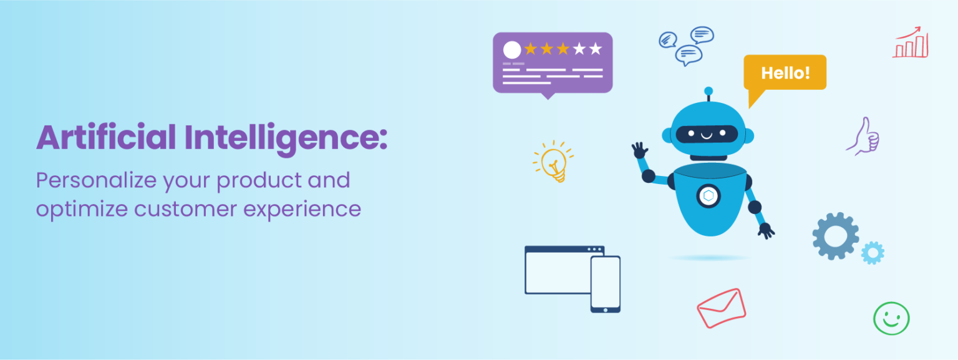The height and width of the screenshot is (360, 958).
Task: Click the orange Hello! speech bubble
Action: tap(785, 72)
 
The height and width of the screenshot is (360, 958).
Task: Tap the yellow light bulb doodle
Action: tap(553, 162)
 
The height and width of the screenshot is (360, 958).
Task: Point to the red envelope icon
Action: tap(722, 308)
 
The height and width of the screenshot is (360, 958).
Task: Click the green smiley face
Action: tap(891, 318)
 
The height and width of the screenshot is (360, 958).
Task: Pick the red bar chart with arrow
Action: tap(911, 44)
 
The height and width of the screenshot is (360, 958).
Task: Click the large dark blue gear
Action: tap(835, 236)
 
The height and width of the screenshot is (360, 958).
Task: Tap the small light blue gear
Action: tap(873, 253)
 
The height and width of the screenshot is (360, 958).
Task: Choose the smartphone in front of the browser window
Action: tap(605, 284)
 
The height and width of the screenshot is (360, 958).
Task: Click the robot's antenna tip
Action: tap(708, 91)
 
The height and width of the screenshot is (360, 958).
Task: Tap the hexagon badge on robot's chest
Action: tap(708, 196)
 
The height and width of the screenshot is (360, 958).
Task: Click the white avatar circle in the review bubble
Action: tap(512, 50)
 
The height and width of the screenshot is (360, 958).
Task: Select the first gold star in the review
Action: tap(531, 49)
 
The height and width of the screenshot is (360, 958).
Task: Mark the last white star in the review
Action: tap(596, 49)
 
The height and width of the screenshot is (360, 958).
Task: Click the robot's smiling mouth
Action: tap(708, 135)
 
